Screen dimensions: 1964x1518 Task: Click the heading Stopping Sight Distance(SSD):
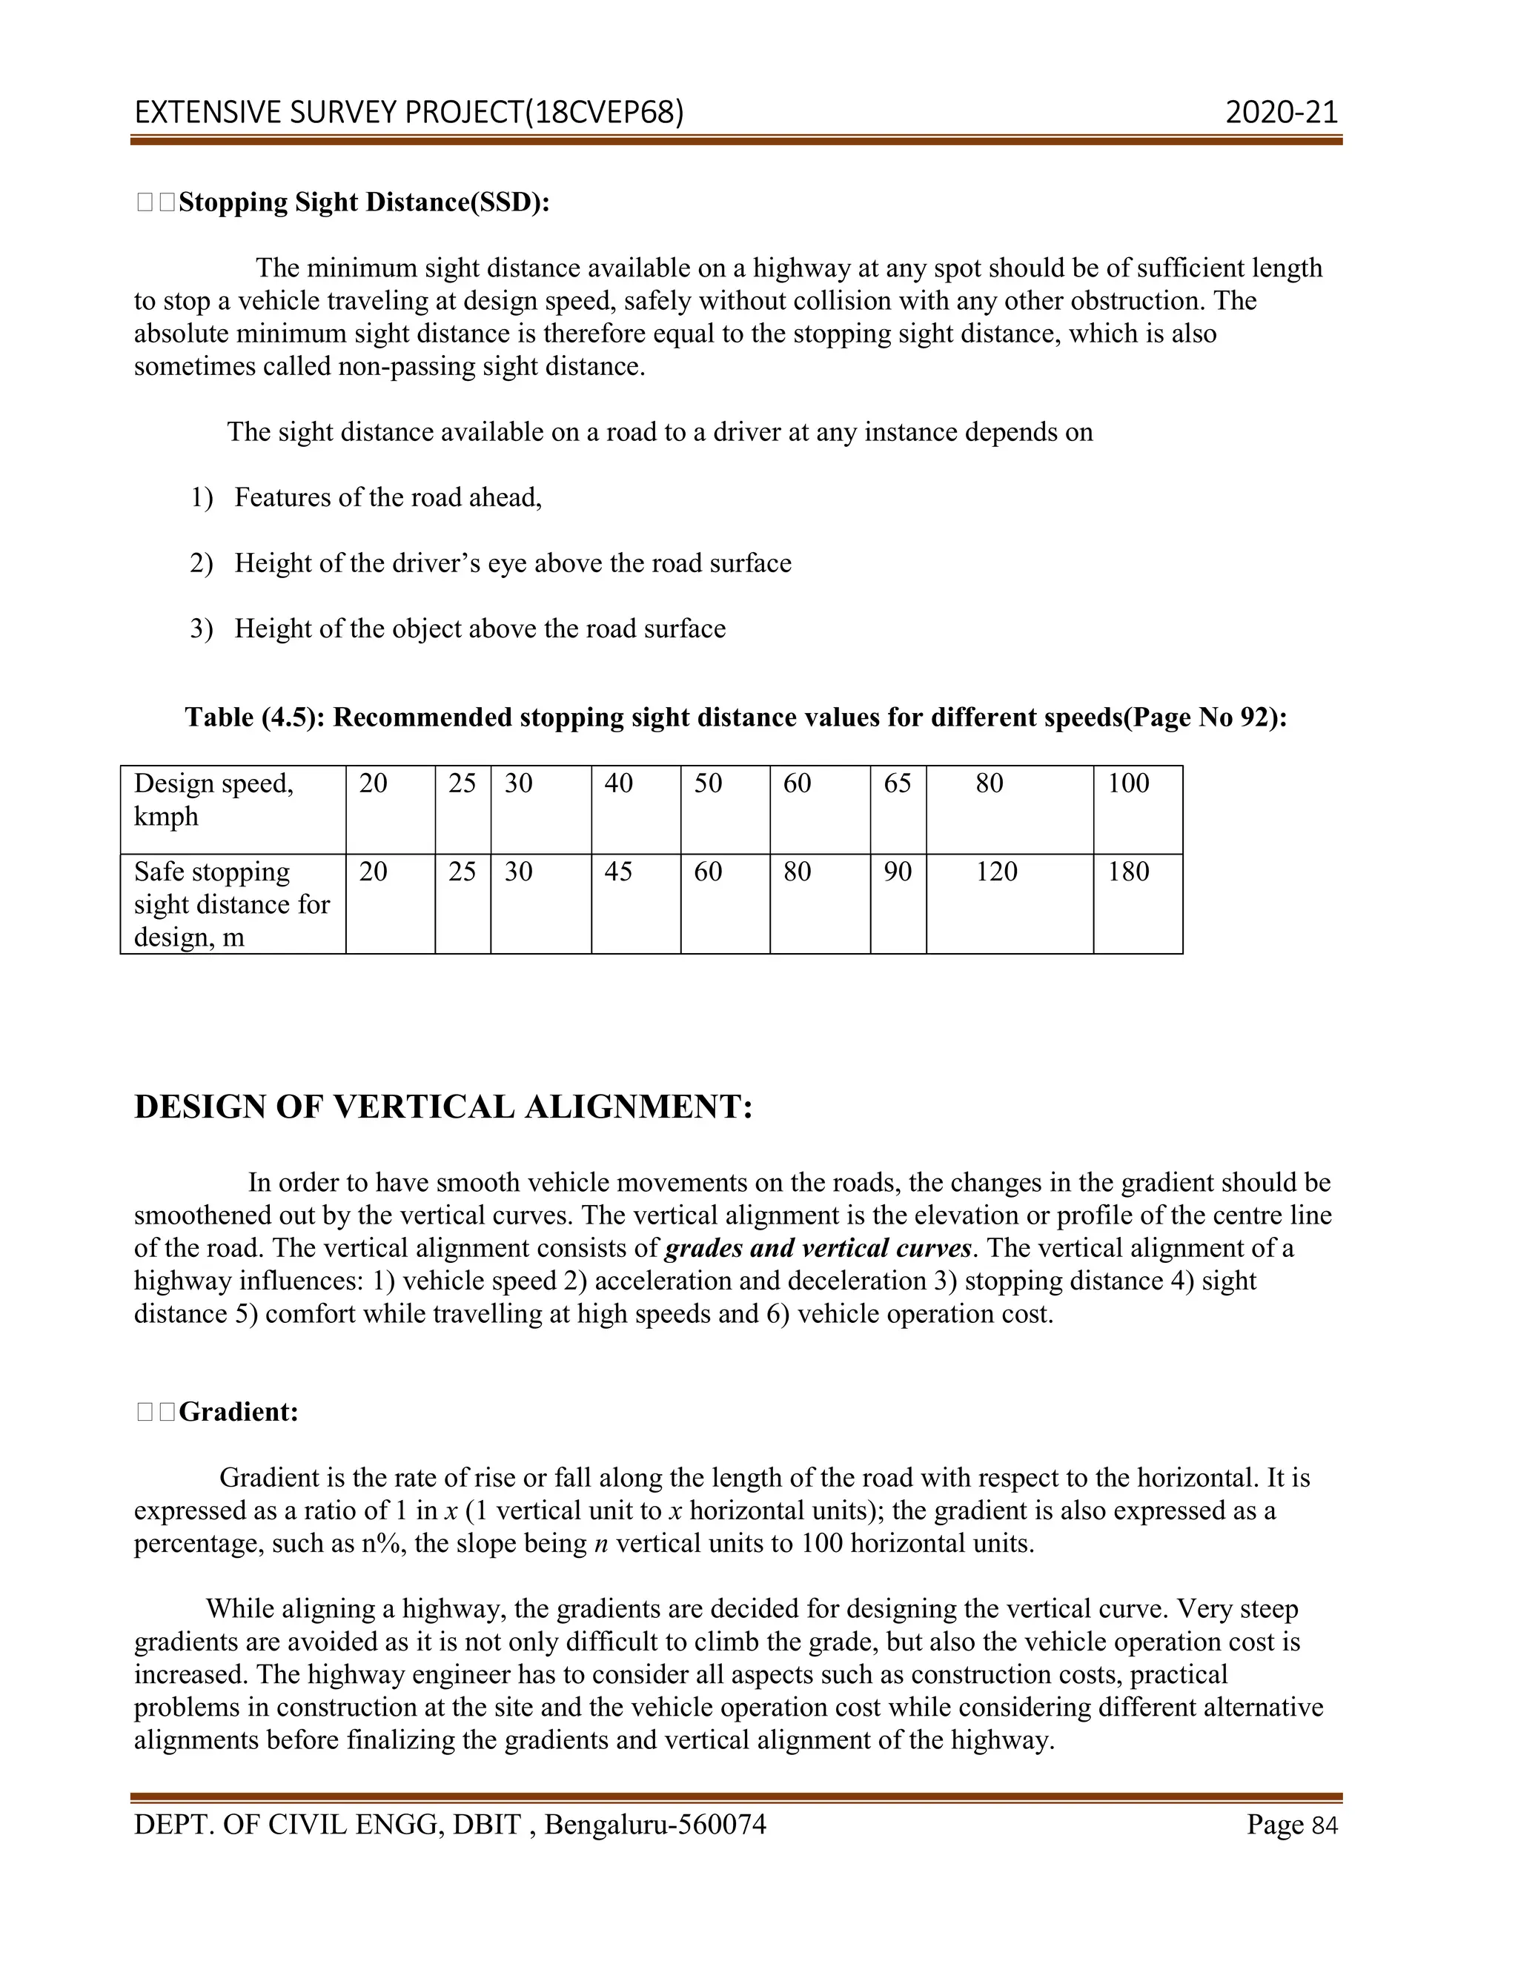pyautogui.click(x=363, y=202)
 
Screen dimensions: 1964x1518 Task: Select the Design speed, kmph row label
pyautogui.click(x=214, y=800)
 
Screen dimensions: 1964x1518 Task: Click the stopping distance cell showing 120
pyautogui.click(x=996, y=872)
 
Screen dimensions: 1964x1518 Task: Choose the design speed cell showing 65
pyautogui.click(x=897, y=783)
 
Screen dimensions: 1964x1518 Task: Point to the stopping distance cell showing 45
pyautogui.click(x=618, y=872)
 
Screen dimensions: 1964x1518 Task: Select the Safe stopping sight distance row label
pyautogui.click(x=231, y=903)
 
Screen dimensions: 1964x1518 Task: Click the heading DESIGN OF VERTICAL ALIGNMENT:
pyautogui.click(x=443, y=1107)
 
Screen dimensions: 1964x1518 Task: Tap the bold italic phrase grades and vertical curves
pyautogui.click(x=818, y=1248)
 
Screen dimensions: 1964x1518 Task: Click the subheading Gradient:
pyautogui.click(x=239, y=1412)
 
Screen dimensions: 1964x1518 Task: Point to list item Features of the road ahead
pyautogui.click(x=388, y=497)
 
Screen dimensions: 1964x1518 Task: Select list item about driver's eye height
pyautogui.click(x=513, y=563)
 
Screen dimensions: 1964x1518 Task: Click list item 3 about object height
pyautogui.click(x=480, y=628)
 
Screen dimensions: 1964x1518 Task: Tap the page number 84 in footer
pyautogui.click(x=1325, y=1825)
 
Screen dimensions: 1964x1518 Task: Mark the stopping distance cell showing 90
pyautogui.click(x=897, y=872)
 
